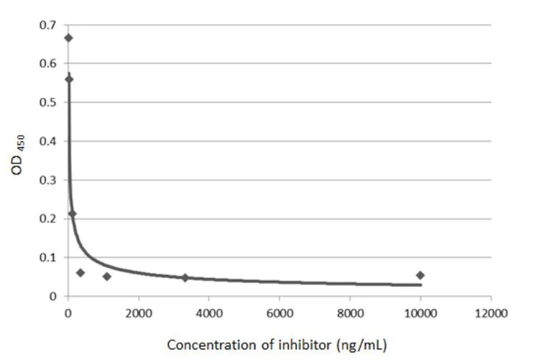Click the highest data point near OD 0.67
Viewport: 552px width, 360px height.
[68, 38]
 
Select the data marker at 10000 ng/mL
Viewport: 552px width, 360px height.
[420, 275]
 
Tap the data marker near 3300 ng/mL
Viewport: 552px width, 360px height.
[185, 277]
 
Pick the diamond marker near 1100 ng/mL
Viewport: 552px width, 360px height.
[107, 276]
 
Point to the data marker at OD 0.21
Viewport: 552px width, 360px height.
[72, 214]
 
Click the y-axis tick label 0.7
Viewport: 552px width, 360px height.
[48, 25]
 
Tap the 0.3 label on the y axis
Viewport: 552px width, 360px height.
[48, 180]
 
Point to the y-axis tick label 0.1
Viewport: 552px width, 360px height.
[48, 258]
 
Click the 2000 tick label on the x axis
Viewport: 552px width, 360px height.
[138, 313]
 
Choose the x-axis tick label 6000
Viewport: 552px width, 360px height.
[279, 313]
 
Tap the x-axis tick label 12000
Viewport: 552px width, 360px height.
[491, 313]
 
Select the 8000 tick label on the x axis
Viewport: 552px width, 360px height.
[349, 313]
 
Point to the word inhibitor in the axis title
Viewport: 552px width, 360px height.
[300, 345]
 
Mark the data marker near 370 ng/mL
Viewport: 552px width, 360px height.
[80, 273]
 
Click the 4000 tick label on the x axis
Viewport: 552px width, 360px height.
[208, 313]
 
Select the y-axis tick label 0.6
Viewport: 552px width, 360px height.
[48, 64]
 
